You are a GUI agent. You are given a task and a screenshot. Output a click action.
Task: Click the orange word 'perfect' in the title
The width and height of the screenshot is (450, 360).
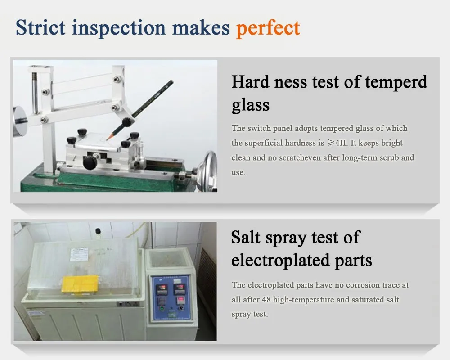pyautogui.click(x=268, y=27)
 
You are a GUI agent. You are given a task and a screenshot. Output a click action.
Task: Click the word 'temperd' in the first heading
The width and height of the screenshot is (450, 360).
pyautogui.click(x=396, y=82)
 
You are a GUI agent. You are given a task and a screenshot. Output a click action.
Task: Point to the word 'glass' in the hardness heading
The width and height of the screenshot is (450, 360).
pyautogui.click(x=250, y=105)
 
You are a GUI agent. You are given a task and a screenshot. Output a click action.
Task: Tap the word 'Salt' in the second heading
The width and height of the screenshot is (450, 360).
pyautogui.click(x=246, y=237)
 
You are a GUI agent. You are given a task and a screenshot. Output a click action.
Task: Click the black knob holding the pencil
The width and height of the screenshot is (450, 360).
pyautogui.click(x=127, y=122)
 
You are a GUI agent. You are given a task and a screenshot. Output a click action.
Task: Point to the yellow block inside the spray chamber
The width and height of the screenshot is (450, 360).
pyautogui.click(x=80, y=283)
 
